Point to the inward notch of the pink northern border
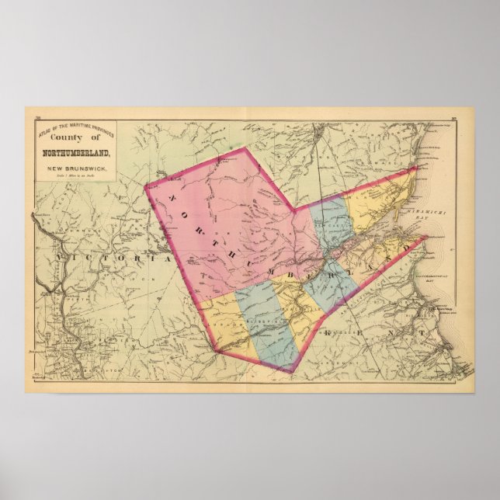(x=293, y=209)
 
